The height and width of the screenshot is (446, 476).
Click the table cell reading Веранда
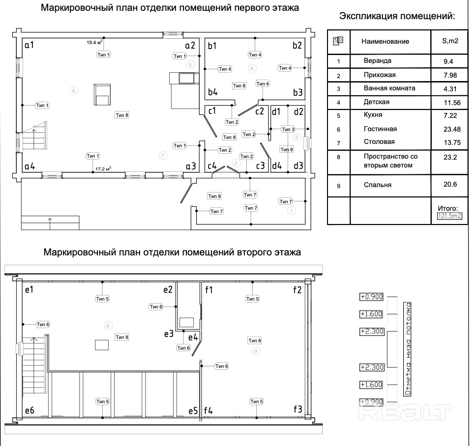(377, 61)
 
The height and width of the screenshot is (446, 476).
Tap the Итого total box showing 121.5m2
(450, 215)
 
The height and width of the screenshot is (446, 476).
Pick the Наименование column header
(385, 41)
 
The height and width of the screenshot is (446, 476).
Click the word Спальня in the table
(378, 185)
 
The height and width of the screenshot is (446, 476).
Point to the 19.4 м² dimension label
(94, 43)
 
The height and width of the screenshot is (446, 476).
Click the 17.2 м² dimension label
(103, 168)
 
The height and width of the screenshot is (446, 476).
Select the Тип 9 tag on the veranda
(214, 196)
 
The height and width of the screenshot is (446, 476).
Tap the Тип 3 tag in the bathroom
(288, 129)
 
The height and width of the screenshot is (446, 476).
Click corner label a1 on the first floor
(29, 45)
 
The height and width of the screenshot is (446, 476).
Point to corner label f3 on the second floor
(297, 409)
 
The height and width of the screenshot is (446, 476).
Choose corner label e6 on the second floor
(30, 410)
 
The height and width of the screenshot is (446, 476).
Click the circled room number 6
(74, 90)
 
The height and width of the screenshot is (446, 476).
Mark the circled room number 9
(255, 350)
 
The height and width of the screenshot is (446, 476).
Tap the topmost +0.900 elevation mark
(371, 297)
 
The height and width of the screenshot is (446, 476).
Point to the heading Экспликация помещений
(397, 16)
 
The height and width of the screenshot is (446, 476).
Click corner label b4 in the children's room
(212, 91)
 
